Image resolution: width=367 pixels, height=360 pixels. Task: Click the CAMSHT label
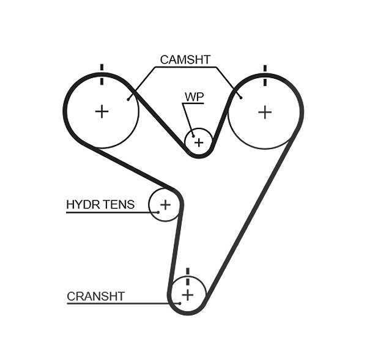coord(185,60)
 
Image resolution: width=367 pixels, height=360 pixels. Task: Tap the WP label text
coord(195,97)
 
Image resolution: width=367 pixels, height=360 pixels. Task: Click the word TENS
coord(119,204)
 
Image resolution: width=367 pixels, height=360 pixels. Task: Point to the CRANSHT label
coord(96,296)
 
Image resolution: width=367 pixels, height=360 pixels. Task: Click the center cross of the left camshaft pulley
coord(102,111)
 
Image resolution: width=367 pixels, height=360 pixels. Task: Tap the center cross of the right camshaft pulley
coord(265,112)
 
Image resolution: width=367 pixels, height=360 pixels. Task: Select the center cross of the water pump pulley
coord(199,142)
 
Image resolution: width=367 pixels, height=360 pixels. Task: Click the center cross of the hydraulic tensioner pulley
coord(165,205)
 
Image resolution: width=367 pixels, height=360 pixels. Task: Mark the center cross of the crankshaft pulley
coord(188,295)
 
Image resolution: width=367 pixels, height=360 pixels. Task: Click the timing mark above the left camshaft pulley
coord(102,75)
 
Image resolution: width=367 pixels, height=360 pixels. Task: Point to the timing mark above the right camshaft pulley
coord(265,75)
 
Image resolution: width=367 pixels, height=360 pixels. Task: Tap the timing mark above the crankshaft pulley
coord(188,277)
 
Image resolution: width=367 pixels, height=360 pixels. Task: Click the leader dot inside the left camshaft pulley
coord(128,100)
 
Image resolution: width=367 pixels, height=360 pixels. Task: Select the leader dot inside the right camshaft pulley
coord(241,98)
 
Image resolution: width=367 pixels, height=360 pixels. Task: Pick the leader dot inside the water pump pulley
coord(193,136)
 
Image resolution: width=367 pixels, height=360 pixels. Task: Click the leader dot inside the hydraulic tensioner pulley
coord(158,213)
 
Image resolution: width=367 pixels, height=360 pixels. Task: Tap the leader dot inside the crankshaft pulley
coord(180,303)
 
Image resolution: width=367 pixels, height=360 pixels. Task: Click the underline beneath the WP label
coord(193,103)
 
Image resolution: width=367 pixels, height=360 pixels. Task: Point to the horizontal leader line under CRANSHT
coord(124,304)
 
